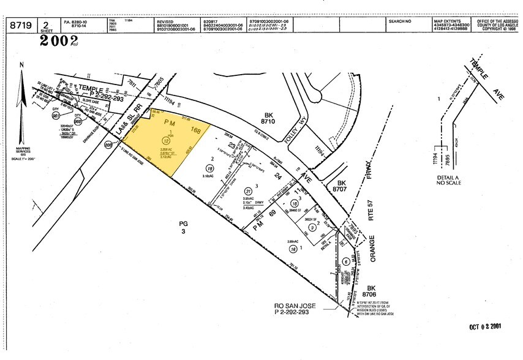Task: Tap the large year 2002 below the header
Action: click(x=59, y=40)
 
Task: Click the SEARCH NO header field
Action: click(x=400, y=21)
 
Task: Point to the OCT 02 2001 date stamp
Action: click(x=486, y=326)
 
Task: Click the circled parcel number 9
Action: click(x=312, y=228)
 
